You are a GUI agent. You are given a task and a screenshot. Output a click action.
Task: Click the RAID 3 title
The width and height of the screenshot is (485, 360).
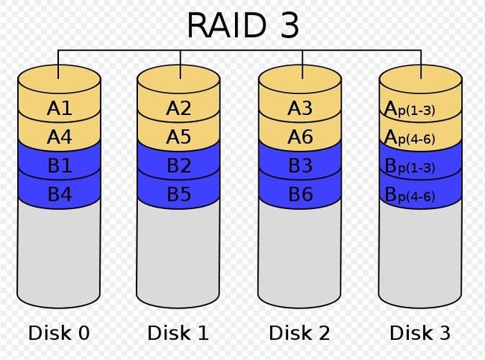pos(243,25)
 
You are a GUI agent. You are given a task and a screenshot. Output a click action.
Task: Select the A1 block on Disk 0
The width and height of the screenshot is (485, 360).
pos(60,108)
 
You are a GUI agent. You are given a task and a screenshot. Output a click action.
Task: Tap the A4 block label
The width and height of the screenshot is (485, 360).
pos(60,137)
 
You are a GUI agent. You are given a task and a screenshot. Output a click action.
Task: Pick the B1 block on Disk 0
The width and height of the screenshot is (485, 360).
pos(60,165)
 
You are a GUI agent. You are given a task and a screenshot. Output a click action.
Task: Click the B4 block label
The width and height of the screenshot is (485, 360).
pos(60,194)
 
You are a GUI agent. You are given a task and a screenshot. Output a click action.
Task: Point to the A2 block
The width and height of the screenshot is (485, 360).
pos(178,108)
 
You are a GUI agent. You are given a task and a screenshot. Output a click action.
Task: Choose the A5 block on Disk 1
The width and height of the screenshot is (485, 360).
pos(178,137)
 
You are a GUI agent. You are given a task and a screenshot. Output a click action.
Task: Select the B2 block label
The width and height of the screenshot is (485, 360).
pos(179,165)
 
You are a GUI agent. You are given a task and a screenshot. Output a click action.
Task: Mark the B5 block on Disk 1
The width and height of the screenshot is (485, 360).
pos(179,194)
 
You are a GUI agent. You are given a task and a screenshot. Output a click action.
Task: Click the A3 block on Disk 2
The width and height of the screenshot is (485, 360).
pos(300,108)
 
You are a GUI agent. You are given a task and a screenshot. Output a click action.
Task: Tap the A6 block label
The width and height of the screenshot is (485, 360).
pos(300,137)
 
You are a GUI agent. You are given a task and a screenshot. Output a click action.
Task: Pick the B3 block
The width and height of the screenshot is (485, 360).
pos(301,165)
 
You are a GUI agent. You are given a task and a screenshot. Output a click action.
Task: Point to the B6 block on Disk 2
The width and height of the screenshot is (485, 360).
pos(301,194)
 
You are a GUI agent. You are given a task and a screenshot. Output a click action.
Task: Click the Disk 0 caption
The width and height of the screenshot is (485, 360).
pos(59,333)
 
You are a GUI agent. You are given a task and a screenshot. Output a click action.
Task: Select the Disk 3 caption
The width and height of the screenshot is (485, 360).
pos(420,333)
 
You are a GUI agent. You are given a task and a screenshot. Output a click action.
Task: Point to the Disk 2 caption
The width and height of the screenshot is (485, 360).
pos(299,333)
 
